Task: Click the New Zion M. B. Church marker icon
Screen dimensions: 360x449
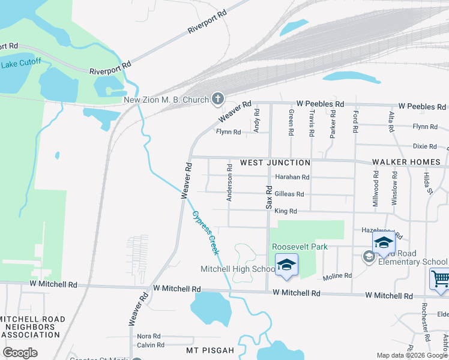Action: click(x=217, y=100)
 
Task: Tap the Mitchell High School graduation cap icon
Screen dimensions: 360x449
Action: click(x=286, y=265)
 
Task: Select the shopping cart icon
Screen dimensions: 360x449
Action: click(x=440, y=279)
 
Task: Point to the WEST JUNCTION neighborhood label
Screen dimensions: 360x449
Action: click(x=275, y=163)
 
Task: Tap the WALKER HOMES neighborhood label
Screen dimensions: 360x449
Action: click(x=406, y=162)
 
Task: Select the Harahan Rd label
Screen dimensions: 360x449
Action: click(x=292, y=177)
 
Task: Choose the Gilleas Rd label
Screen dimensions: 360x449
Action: click(x=289, y=194)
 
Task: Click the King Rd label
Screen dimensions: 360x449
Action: click(x=285, y=211)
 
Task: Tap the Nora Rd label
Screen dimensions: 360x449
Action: click(x=149, y=336)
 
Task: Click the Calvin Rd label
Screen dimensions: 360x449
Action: click(x=151, y=345)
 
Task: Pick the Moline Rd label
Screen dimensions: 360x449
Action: click(x=337, y=275)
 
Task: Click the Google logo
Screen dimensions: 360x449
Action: click(x=20, y=353)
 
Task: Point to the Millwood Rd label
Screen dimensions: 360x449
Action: click(x=376, y=189)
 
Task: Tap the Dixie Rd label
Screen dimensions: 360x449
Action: click(x=424, y=146)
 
